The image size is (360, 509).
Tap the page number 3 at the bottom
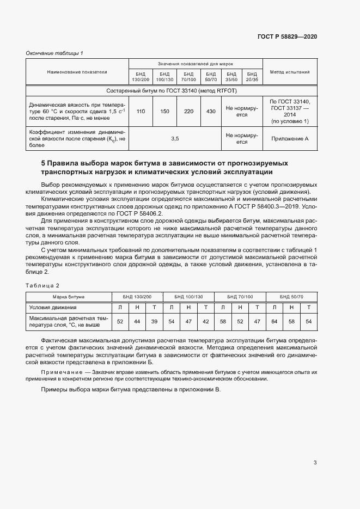coord(315,463)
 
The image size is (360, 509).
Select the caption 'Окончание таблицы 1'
coord(54,53)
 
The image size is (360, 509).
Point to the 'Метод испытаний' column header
coord(290,71)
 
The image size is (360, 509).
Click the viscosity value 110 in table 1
coord(141,111)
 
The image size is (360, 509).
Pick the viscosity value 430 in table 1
coord(211,111)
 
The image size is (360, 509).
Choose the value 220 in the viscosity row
coord(189,111)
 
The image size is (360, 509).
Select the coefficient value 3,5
coord(175,139)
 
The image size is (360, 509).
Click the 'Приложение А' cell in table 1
coord(290,139)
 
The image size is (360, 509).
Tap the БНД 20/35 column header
coord(252,77)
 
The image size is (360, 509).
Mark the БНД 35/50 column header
coord(231,77)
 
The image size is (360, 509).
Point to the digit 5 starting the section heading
coord(44,163)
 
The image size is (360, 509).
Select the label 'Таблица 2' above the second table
coord(42,285)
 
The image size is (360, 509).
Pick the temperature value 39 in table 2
coord(154,322)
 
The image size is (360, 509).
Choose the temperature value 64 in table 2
coord(274,322)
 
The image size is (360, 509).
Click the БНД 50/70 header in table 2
coord(291,297)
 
